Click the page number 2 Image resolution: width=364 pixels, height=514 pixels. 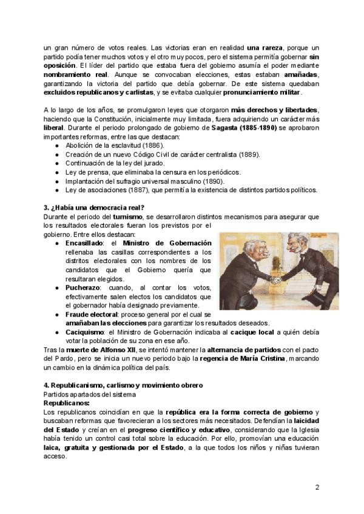coord(317,487)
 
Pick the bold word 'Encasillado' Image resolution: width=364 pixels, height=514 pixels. coord(86,242)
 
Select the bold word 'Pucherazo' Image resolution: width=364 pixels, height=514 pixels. coord(84,288)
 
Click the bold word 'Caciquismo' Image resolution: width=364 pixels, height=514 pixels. coord(86,332)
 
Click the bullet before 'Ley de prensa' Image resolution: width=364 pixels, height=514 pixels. coord(56,172)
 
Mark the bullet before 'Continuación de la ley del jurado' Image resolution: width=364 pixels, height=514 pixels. coord(56,164)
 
